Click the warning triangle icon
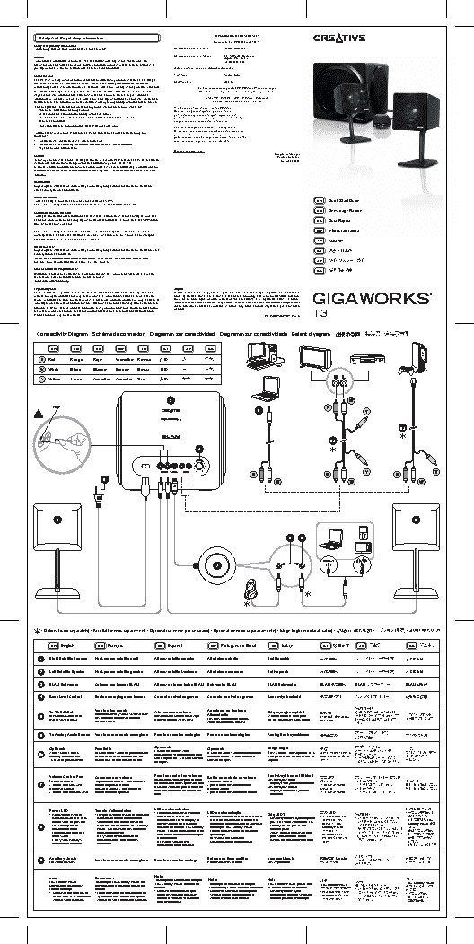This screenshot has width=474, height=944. [38, 414]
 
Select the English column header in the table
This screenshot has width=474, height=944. [67, 643]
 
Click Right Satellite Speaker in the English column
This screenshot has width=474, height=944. [71, 659]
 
